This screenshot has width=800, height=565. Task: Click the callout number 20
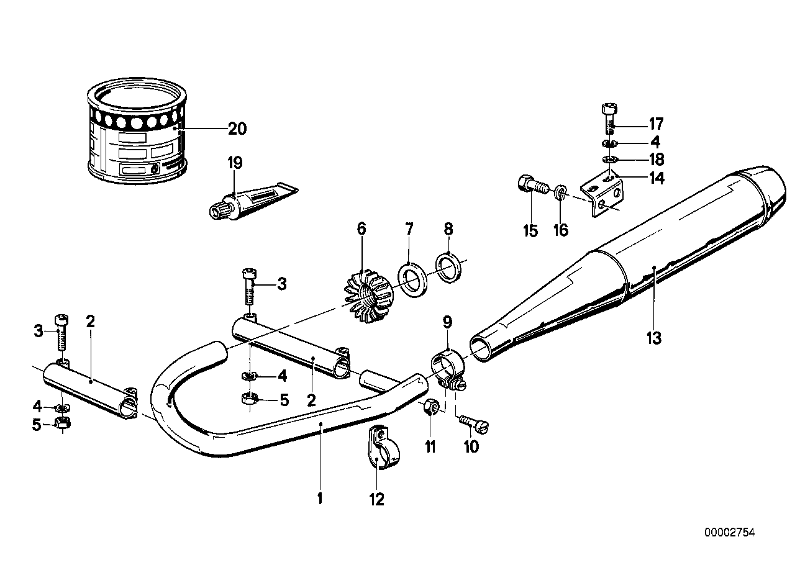pyautogui.click(x=237, y=129)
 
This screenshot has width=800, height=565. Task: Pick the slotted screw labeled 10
pyautogui.click(x=475, y=423)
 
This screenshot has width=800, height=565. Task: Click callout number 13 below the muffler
pyautogui.click(x=653, y=339)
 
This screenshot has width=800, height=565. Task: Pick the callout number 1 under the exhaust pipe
pyautogui.click(x=320, y=499)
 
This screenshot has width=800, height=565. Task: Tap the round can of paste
pyautogui.click(x=137, y=130)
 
